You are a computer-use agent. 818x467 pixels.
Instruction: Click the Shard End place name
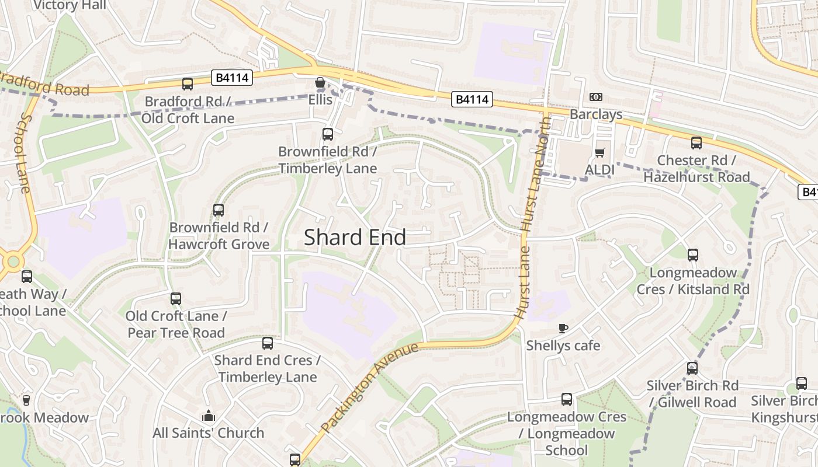355,237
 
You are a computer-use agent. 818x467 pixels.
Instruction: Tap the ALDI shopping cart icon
599,153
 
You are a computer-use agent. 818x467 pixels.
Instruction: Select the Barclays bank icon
596,97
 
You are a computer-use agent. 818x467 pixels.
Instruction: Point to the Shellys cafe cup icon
563,328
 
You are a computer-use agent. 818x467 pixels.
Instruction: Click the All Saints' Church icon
208,416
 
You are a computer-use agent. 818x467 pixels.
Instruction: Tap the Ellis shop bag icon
320,83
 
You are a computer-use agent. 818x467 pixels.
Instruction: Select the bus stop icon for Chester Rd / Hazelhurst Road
696,143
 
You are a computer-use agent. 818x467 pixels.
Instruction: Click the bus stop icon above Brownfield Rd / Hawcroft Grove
218,210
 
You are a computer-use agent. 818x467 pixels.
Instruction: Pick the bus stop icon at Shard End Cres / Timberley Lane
268,343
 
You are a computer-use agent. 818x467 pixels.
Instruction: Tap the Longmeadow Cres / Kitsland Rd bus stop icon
692,255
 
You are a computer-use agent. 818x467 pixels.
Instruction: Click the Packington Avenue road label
370,387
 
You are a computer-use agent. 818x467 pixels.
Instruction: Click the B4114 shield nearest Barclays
472,100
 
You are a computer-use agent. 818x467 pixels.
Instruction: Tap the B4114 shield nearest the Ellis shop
232,78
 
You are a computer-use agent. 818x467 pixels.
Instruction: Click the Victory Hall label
70,5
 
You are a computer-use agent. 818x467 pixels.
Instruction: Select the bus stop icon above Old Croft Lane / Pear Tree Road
176,299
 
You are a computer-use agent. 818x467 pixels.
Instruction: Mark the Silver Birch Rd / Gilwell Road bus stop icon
692,368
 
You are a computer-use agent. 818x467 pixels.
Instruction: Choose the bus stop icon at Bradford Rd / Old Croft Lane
188,84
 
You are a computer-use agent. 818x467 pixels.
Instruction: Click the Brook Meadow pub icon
26,400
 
